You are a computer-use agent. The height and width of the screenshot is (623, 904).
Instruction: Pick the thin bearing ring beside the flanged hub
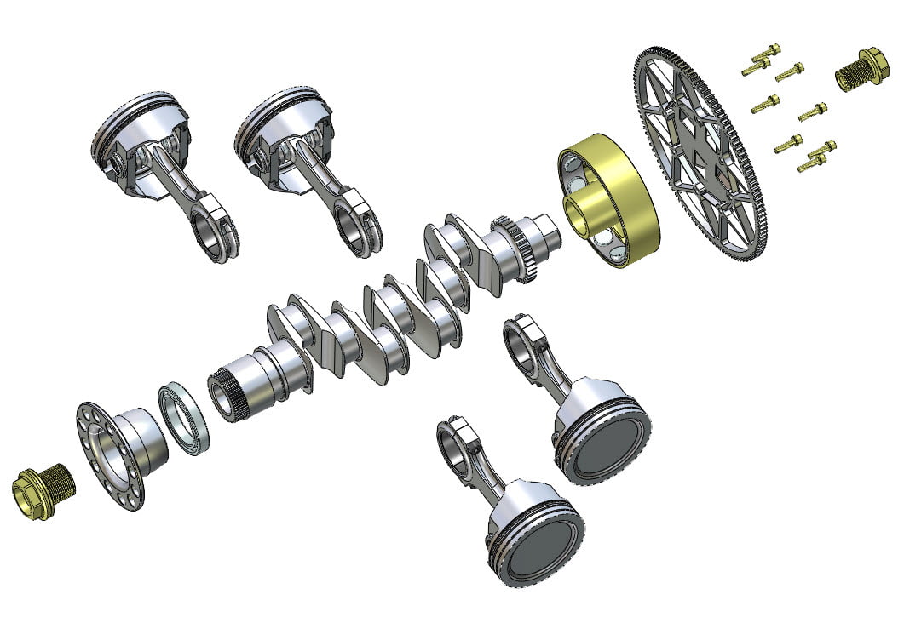pyautogui.click(x=184, y=420)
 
